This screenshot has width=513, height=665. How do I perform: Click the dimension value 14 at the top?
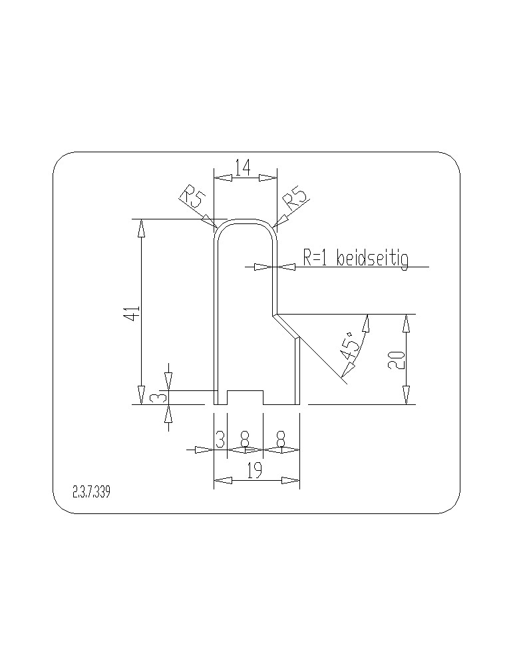point(242,167)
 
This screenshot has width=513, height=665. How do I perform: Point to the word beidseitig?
point(372,258)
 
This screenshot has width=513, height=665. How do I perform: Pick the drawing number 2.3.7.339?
point(91,492)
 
